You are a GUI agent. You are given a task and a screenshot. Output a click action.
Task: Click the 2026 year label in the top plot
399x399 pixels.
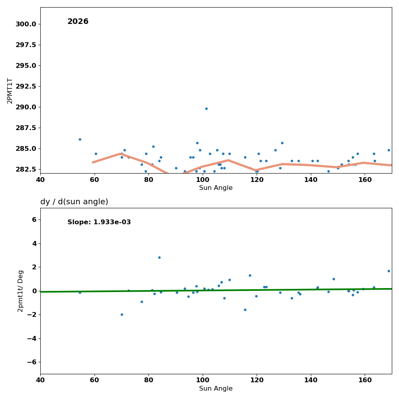pos(78,22)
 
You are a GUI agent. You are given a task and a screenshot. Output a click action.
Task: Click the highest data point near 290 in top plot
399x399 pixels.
pos(206,109)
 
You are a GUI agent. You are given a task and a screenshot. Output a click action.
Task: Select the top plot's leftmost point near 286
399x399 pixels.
pos(80,139)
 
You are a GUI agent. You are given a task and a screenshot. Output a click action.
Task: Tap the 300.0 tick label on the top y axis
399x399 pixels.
pos(26,24)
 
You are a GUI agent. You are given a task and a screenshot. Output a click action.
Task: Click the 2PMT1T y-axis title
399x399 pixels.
pos(10,91)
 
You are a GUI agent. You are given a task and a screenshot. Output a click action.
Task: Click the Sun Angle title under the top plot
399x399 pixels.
pos(216,188)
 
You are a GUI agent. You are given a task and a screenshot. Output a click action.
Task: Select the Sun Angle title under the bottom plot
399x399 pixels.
pos(216,389)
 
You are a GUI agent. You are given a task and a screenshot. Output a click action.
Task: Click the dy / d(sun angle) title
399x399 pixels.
pos(74,202)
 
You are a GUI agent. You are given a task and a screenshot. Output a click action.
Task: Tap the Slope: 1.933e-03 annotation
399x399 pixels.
pos(99,222)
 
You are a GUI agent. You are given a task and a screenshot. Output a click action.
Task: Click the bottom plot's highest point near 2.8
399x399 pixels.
pos(159,257)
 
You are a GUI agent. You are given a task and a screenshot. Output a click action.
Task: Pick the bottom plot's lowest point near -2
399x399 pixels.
pos(122,314)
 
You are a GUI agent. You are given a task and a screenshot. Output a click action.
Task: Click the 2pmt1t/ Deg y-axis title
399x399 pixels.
pos(20,291)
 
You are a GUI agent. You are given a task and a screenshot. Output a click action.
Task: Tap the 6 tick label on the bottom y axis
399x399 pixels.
pos(34,219)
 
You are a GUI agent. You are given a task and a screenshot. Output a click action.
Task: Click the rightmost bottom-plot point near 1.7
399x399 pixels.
pos(389,271)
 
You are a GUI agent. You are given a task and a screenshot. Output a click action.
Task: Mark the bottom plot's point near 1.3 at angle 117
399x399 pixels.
pos(250,275)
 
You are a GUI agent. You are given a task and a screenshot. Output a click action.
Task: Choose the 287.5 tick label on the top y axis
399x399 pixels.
pos(26,128)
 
